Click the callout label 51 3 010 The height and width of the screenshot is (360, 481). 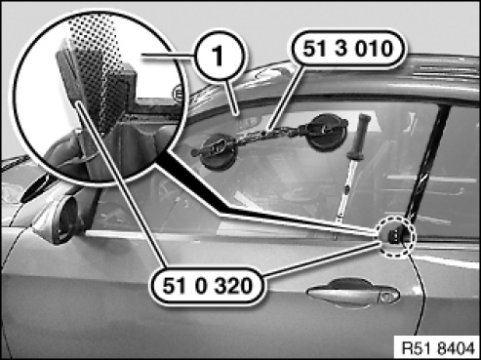(347, 50)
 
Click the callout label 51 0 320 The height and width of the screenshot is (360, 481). (207, 287)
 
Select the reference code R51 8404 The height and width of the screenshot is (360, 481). (438, 348)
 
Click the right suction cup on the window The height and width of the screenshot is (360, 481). (327, 131)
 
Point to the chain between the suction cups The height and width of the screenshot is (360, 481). (271, 135)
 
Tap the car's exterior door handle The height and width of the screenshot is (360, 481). (353, 292)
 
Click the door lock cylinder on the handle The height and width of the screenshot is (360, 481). (387, 297)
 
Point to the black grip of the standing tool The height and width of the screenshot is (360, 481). (359, 136)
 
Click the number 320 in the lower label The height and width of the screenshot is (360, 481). (232, 287)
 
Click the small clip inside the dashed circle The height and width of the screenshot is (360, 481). (394, 235)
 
